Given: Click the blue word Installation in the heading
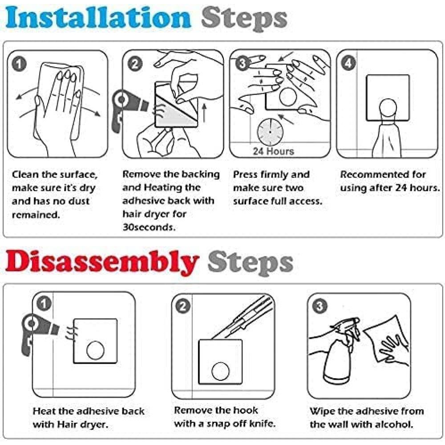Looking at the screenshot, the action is coord(98,18).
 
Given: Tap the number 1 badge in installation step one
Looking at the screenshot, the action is coord(19,65).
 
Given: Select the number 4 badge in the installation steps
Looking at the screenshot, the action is coord(348,63).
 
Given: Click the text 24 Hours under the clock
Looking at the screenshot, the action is coord(273,151).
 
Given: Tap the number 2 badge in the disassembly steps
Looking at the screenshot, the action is coord(183,307).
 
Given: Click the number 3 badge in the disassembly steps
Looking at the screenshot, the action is coord(320,306).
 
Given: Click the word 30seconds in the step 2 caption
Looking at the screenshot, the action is coord(149,227).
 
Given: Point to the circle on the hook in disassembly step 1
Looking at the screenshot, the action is coord(95,350).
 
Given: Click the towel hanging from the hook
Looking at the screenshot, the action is coord(387,139).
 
